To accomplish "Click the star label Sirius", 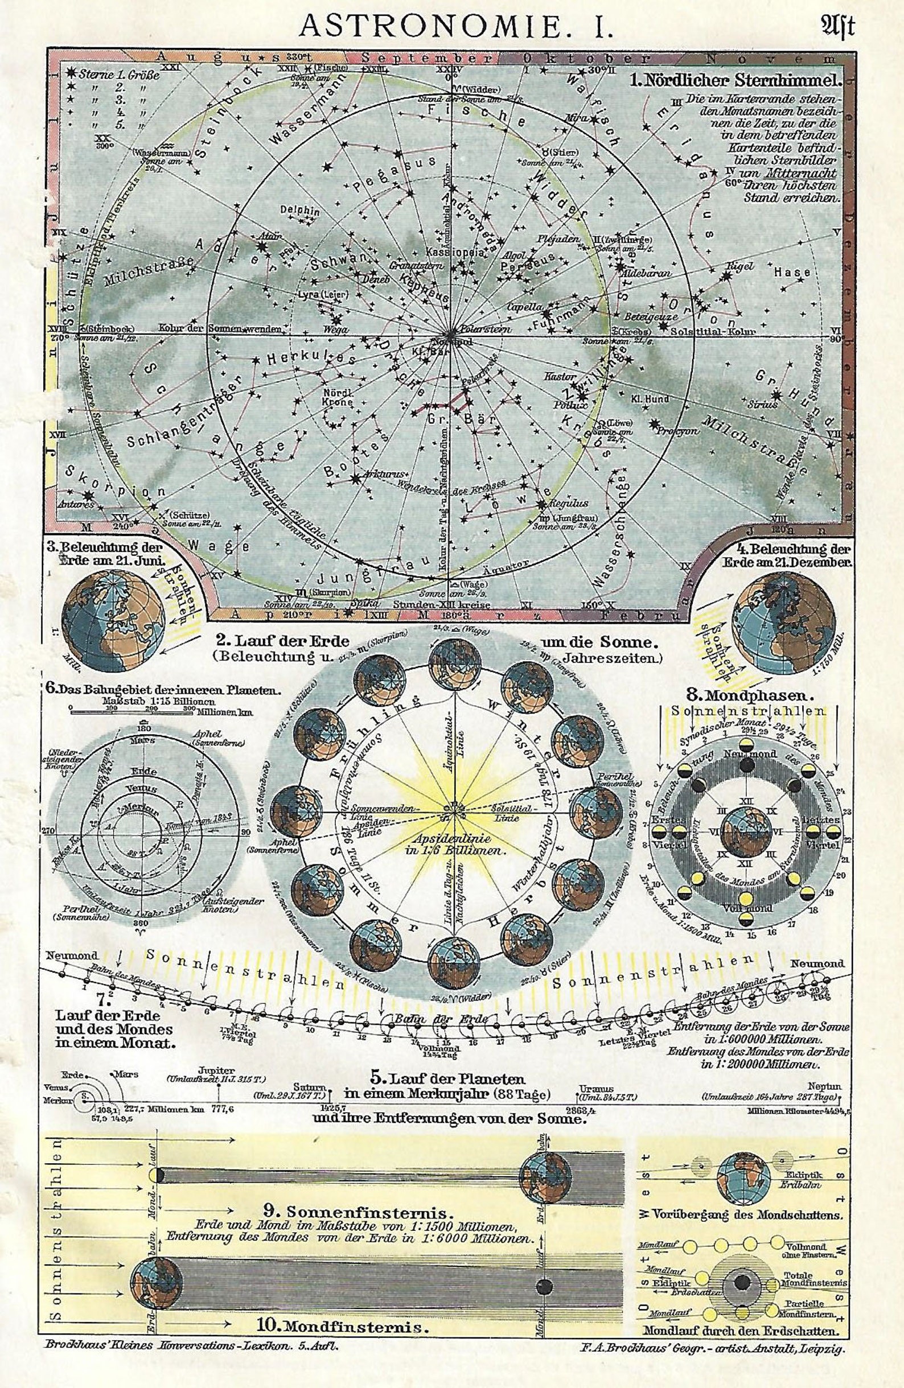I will click(766, 403).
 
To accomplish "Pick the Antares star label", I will click(76, 504).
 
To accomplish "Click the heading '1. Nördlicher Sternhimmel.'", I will click(735, 81).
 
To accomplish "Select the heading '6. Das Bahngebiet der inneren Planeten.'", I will click(163, 689).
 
